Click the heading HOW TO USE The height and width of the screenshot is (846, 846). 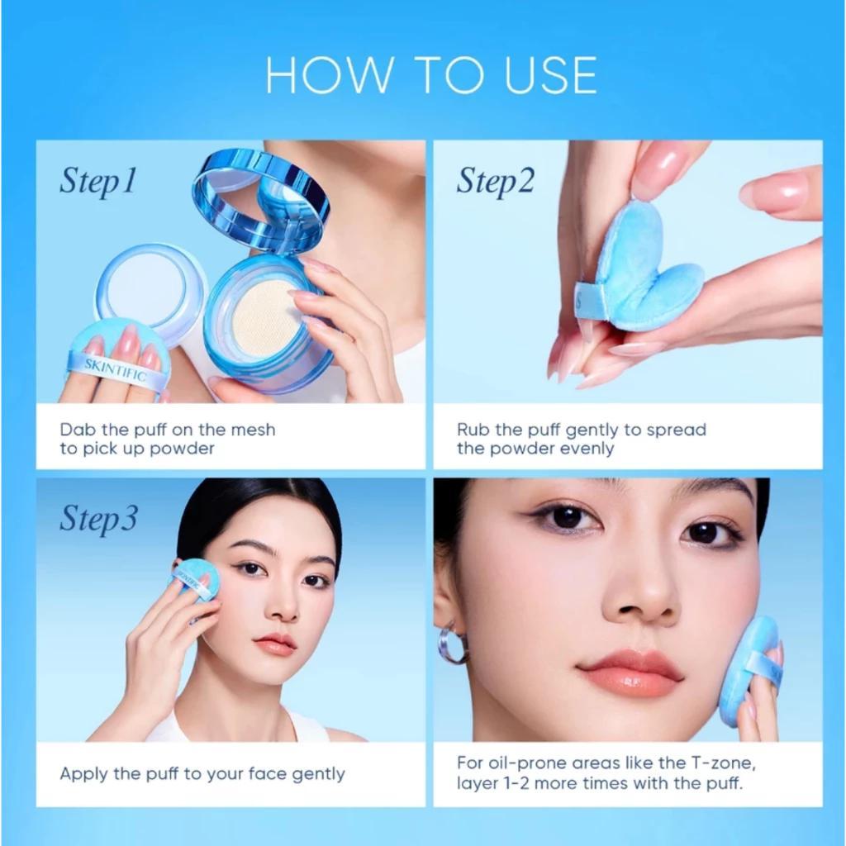[430, 75]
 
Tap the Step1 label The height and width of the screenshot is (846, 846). [97, 182]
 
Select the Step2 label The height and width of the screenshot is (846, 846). [496, 181]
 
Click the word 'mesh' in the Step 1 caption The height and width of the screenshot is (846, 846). [252, 430]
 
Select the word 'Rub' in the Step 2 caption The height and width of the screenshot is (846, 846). [473, 430]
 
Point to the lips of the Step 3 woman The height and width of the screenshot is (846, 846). [276, 643]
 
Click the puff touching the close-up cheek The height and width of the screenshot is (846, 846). [749, 669]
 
